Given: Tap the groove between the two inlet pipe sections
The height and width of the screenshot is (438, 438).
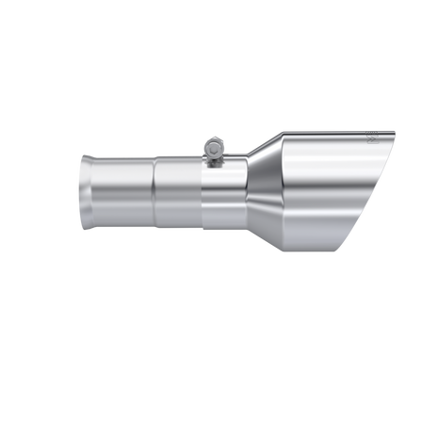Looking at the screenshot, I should point(154,193).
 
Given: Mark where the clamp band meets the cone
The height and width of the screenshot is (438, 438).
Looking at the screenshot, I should point(247,193).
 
